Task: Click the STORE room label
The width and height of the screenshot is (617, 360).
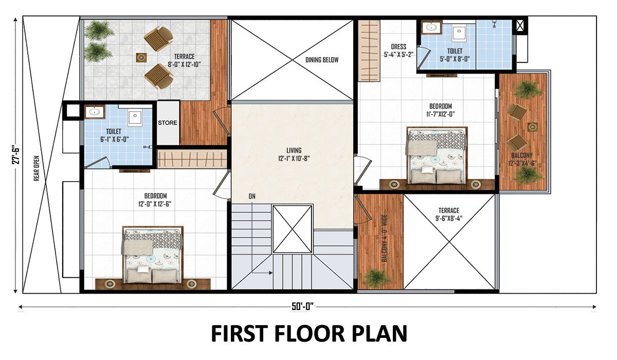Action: click(168, 122)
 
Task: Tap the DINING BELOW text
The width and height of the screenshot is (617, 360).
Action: click(322, 60)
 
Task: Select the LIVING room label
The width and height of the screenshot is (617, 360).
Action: click(294, 150)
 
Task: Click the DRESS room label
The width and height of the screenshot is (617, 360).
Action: click(398, 47)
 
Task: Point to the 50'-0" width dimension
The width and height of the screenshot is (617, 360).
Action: click(303, 307)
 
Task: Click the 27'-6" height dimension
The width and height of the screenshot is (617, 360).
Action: click(16, 156)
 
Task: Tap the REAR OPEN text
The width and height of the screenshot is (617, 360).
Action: click(37, 168)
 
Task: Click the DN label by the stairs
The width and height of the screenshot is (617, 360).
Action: click(252, 196)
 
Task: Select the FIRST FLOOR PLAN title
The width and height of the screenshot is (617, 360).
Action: click(309, 334)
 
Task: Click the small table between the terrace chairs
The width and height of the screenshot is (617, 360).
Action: click(141, 58)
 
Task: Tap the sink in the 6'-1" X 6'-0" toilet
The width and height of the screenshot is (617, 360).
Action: click(95, 112)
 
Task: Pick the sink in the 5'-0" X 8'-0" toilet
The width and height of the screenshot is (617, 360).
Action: click(431, 27)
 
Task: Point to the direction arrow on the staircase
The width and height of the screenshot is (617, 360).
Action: click(262, 273)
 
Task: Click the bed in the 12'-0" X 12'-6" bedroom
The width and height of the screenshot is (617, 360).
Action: click(153, 255)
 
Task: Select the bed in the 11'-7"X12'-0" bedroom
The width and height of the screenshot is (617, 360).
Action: click(437, 155)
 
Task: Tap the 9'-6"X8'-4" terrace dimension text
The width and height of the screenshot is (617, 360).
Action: click(449, 219)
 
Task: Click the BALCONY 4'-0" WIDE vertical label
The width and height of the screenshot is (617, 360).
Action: click(385, 238)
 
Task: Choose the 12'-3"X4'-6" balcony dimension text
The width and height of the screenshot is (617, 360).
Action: click(522, 163)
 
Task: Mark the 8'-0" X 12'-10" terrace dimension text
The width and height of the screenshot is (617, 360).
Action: click(184, 64)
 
